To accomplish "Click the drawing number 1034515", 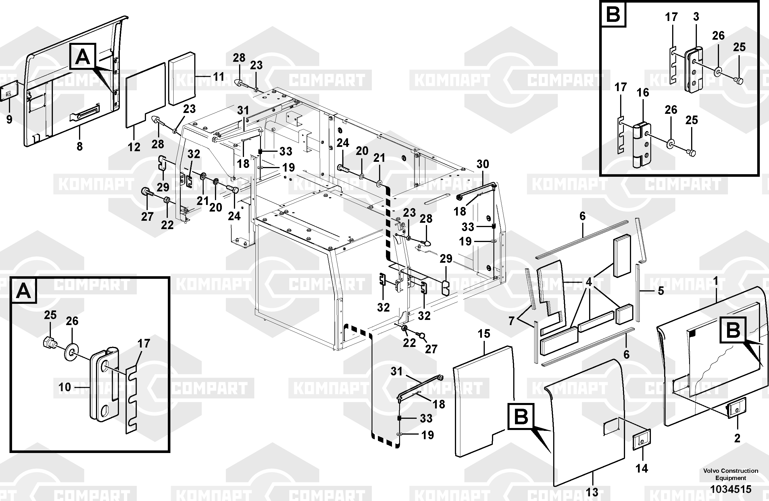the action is coord(730,490).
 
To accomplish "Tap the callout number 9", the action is coord(9,120).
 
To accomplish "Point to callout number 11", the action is coord(219,77).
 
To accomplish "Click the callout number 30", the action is coord(483,164).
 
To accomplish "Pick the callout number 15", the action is coord(484,334).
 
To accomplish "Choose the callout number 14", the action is coord(642,468).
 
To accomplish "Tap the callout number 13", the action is coord(592,492).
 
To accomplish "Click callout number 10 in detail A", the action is coord(65,387).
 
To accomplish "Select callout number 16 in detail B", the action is coord(643,93).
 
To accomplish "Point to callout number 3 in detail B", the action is coord(696,17).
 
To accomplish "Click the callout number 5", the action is coord(661,291).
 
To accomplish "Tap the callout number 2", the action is coord(737,439).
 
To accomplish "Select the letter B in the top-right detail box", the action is coord(613,15).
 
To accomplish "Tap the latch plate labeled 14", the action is coord(642,439).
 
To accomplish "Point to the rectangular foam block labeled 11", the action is coord(182,78).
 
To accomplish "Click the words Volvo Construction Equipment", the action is coord(731,474).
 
